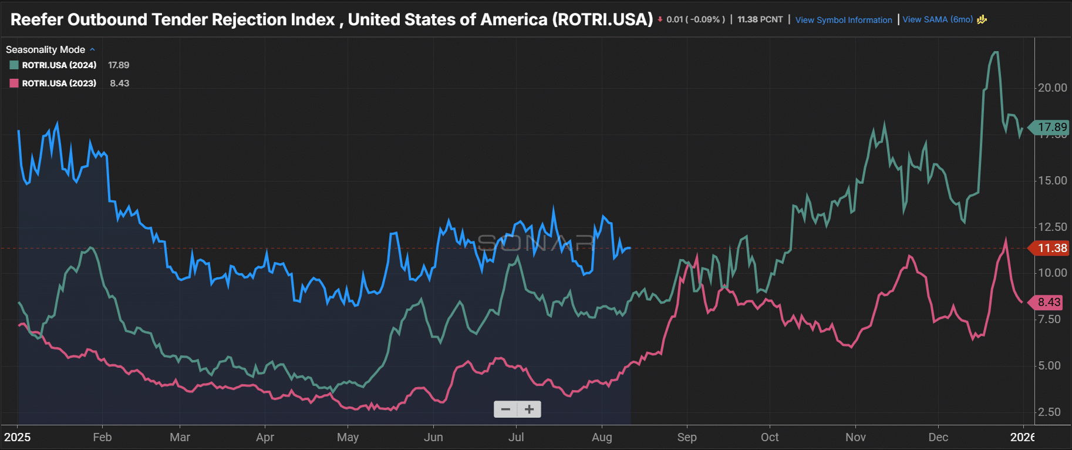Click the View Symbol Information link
point(843,20)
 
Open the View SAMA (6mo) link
point(938,19)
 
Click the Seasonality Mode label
point(45,50)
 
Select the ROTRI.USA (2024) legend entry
point(59,65)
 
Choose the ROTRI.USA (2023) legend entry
point(59,83)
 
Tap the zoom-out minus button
point(505,409)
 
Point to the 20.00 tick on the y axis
point(1052,88)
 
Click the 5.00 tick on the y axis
point(1049,366)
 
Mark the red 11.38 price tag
point(1051,248)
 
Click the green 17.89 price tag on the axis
point(1051,127)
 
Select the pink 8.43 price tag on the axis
point(1049,303)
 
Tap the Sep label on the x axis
point(686,438)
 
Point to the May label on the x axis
point(348,438)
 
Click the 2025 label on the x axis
point(18,438)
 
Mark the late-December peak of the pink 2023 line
point(1006,239)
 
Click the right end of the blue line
point(630,248)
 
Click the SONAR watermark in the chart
point(536,242)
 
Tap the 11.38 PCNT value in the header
point(760,19)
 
